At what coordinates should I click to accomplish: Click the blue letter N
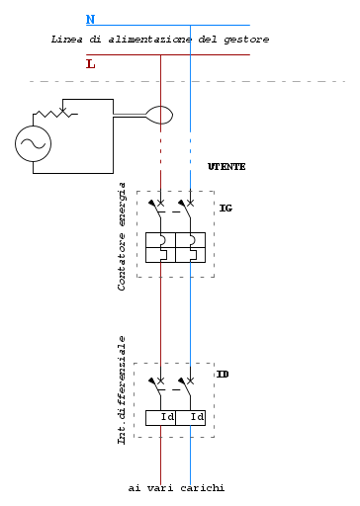[x=90, y=20]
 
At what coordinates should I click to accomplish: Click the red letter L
[x=91, y=64]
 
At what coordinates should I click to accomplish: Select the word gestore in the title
[x=246, y=40]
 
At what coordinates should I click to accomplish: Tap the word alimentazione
[x=150, y=40]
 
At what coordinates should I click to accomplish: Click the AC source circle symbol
[x=33, y=143]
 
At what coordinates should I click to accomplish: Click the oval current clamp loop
[x=159, y=115]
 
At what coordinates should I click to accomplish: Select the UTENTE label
[x=226, y=167]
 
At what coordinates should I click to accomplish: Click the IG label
[x=225, y=209]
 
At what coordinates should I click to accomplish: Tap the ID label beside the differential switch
[x=223, y=375]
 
